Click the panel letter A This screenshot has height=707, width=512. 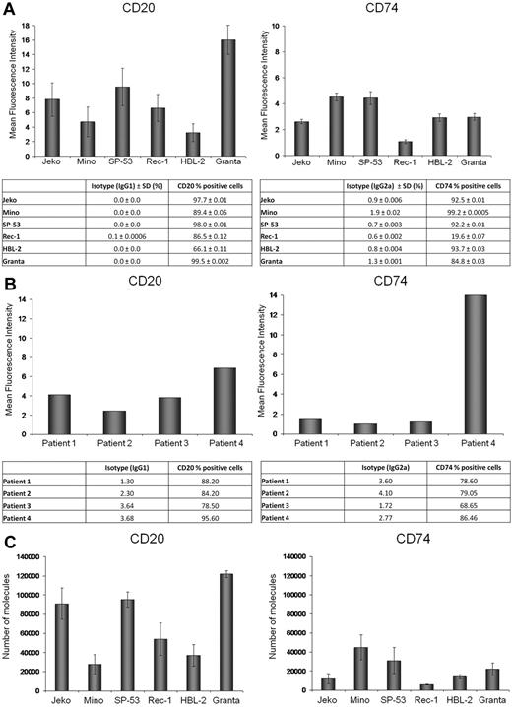[8, 9]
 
